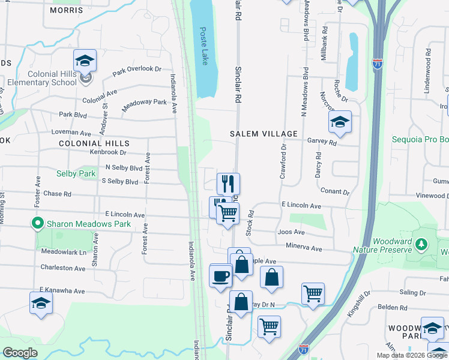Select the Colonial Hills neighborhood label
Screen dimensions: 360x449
tap(94, 144)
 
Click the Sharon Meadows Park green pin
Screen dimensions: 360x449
tap(37, 224)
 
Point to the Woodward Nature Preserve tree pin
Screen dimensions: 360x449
tap(422, 245)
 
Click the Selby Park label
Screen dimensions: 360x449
tap(76, 174)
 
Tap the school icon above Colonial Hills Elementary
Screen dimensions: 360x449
tap(85, 61)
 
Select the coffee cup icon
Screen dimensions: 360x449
tap(221, 276)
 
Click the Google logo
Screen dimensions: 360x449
tap(20, 353)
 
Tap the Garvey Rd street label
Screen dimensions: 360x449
tap(322, 142)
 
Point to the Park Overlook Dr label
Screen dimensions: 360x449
tap(137, 71)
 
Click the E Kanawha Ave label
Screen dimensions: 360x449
tap(62, 290)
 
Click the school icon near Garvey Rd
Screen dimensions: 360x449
tap(340, 122)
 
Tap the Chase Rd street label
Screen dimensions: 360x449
tap(57, 194)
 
